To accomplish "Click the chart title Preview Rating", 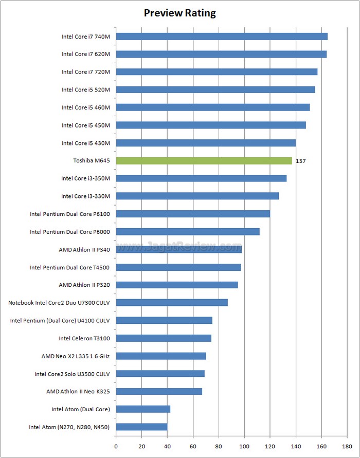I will click(179, 13).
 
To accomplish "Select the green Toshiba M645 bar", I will click(204, 161).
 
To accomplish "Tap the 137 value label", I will click(301, 161).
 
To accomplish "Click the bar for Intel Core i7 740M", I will click(222, 36).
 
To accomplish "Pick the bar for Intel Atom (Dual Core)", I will click(143, 409).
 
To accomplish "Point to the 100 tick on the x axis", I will click(244, 446).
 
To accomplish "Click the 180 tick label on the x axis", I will click(347, 446).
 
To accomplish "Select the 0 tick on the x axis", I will click(116, 446).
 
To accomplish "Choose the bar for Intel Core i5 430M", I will click(206, 143).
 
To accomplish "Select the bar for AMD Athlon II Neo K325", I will click(159, 391).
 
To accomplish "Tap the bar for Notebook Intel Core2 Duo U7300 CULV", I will click(172, 303).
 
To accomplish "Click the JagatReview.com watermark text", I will click(179, 246).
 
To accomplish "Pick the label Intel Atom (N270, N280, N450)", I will click(73, 427).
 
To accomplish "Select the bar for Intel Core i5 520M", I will click(215, 90).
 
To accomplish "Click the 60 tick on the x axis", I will click(193, 446).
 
